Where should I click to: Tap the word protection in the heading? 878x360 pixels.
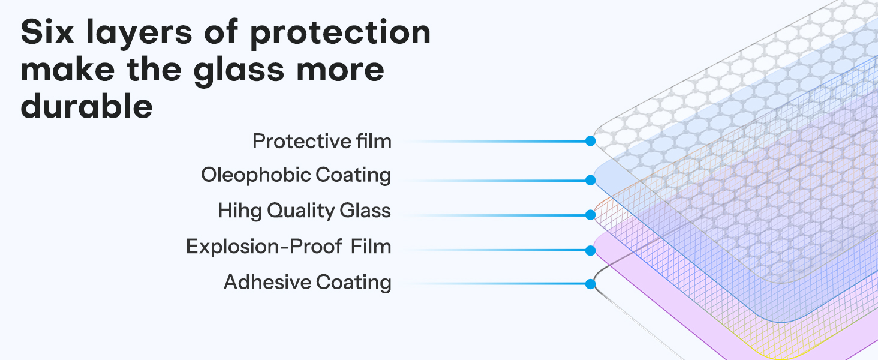(x=340, y=34)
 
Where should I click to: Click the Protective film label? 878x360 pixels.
(x=321, y=142)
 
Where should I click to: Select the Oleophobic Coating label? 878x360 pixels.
(x=296, y=175)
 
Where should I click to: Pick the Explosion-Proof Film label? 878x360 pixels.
(x=288, y=246)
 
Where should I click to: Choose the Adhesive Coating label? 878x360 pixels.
(x=307, y=282)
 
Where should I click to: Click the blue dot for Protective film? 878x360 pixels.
(x=590, y=142)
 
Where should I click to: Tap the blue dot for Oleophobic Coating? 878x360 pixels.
(x=590, y=179)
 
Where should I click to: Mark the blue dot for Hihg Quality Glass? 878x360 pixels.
(x=590, y=214)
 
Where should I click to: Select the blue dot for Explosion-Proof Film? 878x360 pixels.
(x=590, y=250)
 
